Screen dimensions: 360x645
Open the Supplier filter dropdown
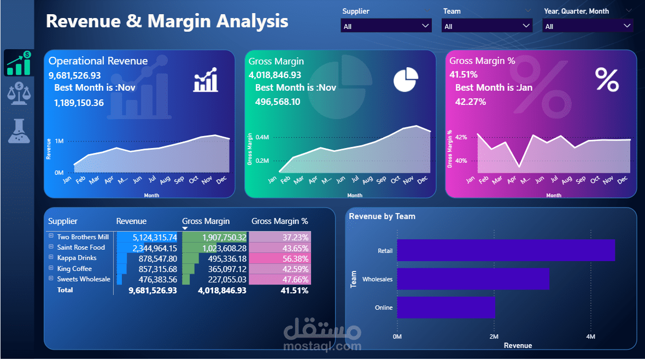pos(386,26)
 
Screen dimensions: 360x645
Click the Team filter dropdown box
pos(488,26)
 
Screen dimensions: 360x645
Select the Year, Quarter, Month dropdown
pos(588,26)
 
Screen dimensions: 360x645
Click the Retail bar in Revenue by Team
pos(506,250)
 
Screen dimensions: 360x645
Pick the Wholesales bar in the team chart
pos(473,279)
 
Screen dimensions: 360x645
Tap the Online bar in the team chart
pos(445,308)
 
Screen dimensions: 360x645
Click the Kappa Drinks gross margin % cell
pos(280,258)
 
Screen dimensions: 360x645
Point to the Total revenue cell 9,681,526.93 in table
pos(153,290)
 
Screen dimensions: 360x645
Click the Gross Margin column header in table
pos(206,221)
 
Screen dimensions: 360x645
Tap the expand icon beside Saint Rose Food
pos(51,247)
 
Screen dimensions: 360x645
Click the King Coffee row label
pos(74,268)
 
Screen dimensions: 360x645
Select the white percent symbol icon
pos(607,80)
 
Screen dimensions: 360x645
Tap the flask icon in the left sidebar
pos(19,131)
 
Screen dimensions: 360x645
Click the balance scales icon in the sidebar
pos(19,93)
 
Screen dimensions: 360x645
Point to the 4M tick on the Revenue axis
pos(590,337)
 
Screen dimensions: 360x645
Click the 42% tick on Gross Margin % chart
pos(461,137)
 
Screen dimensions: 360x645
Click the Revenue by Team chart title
pos(382,216)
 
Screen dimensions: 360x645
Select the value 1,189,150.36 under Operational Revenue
pos(79,102)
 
